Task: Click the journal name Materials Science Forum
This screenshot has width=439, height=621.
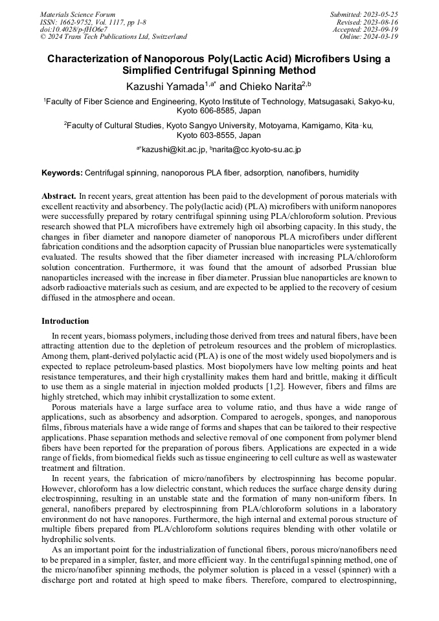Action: [78, 14]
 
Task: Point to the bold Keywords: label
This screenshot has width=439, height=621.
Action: [62, 174]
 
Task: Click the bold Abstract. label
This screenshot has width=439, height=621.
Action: [59, 196]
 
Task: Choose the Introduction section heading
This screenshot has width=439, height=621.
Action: [65, 321]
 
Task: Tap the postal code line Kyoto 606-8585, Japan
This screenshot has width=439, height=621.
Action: [219, 111]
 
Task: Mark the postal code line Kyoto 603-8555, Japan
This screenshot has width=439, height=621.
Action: [219, 135]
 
